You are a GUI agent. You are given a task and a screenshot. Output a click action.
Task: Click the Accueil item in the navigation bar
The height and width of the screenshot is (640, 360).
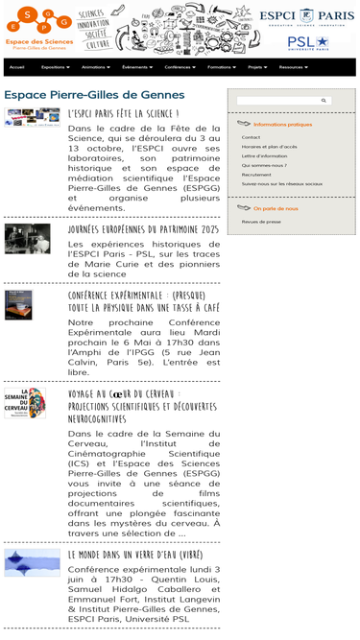click(16, 68)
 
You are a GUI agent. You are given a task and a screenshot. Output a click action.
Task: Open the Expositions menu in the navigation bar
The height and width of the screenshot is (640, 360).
click(57, 68)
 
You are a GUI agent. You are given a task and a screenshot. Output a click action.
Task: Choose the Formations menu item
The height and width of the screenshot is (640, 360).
click(223, 68)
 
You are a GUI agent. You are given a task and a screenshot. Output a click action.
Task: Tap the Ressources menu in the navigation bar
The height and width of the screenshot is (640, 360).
click(293, 68)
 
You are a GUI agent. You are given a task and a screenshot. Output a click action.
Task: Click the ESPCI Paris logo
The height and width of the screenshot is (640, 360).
click(306, 16)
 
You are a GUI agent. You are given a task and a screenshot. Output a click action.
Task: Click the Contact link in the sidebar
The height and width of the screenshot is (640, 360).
click(251, 137)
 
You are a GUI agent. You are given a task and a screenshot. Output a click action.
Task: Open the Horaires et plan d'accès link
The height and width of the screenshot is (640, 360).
click(269, 147)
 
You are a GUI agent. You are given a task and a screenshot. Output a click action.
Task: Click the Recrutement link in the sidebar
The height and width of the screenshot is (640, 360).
click(256, 174)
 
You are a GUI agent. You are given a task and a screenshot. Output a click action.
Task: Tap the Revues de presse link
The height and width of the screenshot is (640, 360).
click(261, 222)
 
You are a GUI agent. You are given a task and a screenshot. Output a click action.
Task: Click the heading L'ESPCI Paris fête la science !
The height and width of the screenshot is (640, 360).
click(124, 113)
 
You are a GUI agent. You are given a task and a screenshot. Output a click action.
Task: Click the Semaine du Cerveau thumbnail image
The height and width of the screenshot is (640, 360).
click(25, 404)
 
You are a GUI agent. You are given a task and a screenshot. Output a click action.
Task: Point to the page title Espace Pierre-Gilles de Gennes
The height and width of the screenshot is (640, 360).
click(94, 95)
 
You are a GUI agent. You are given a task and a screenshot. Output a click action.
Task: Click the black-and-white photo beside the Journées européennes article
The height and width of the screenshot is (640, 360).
click(27, 239)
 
